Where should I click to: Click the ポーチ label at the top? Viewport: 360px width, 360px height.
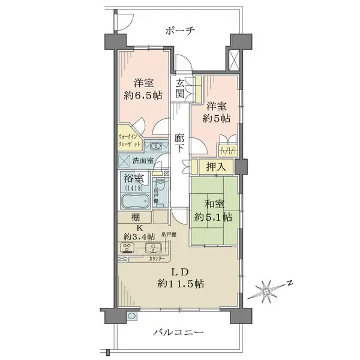180,30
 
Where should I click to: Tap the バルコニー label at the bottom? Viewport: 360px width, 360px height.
178,332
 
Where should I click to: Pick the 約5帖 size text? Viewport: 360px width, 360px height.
215,118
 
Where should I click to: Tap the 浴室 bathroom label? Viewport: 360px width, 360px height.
133,178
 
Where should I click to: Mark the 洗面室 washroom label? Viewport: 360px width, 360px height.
143,161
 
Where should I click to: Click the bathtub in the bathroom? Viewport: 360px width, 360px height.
133,200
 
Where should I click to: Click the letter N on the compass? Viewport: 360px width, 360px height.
288,282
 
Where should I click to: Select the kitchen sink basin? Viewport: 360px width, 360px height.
154,247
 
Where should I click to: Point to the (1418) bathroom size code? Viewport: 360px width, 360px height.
133,188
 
